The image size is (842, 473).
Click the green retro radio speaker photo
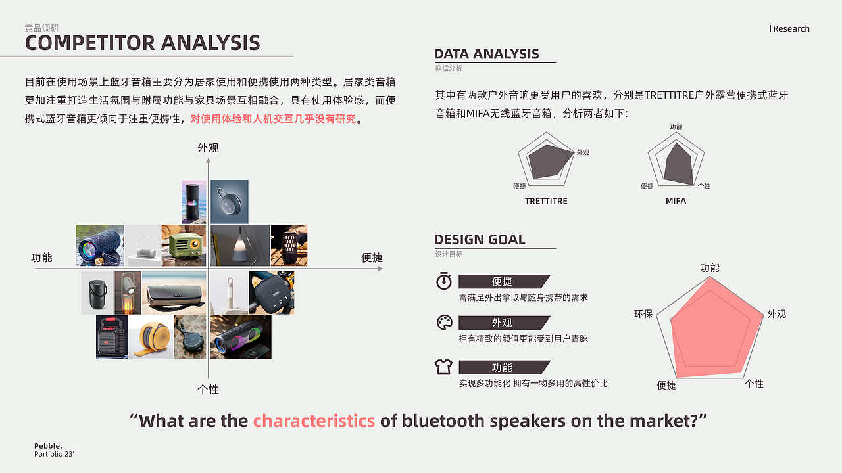(x=184, y=246)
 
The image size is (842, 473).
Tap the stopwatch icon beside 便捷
(x=444, y=281)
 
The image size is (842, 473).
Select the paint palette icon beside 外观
(x=444, y=323)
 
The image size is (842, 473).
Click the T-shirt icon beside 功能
(x=443, y=367)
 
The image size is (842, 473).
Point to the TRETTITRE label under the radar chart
(x=546, y=201)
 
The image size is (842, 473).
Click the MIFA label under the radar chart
(x=676, y=201)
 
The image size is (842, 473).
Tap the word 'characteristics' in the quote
(x=314, y=421)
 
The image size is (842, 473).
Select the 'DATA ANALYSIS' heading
(x=486, y=54)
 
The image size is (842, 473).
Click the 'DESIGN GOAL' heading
(x=480, y=240)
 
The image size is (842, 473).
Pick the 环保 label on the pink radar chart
(x=643, y=314)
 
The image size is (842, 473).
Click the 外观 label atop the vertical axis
(x=208, y=148)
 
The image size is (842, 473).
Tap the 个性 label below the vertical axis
(x=208, y=390)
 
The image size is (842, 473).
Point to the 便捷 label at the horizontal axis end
(x=372, y=258)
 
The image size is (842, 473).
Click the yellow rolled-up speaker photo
(x=151, y=337)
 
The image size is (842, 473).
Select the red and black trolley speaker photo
(x=112, y=337)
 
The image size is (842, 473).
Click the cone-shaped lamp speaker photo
(x=240, y=246)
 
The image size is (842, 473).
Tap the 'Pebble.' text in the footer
(x=48, y=446)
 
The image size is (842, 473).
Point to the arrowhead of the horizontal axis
(x=380, y=269)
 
